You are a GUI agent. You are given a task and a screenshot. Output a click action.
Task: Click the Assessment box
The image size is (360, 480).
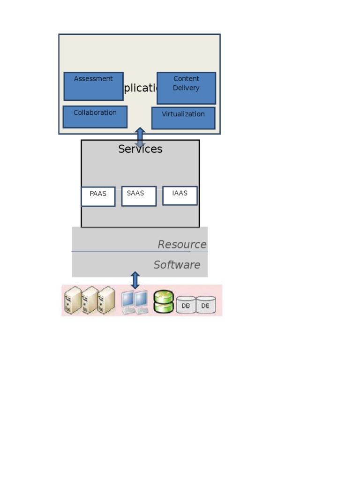pyautogui.click(x=93, y=86)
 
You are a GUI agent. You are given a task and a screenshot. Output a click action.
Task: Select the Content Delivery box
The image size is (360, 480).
pyautogui.click(x=186, y=88)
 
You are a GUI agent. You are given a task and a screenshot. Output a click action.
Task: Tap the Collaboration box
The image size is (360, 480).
pyautogui.click(x=95, y=117)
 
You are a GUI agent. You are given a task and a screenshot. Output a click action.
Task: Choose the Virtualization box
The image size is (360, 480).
pyautogui.click(x=183, y=118)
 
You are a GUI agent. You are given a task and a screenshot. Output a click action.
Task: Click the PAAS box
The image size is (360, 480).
pyautogui.click(x=98, y=196)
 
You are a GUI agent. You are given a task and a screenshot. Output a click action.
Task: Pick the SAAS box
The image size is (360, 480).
pyautogui.click(x=139, y=196)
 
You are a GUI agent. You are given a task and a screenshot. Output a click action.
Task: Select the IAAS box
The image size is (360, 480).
pyautogui.click(x=180, y=195)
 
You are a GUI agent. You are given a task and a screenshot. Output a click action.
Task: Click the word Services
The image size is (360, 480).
pyautogui.click(x=140, y=149)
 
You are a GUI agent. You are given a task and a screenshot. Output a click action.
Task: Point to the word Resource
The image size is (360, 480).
pyautogui.click(x=182, y=245)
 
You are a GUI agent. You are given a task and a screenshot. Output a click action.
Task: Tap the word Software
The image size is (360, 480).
pyautogui.click(x=177, y=265)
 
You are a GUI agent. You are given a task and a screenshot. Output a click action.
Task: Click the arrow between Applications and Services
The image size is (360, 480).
pyautogui.click(x=140, y=137)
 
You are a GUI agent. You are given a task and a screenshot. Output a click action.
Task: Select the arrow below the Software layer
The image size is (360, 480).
pyautogui.click(x=135, y=280)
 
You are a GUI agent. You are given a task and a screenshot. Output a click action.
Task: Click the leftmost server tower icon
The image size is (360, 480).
pyautogui.click(x=73, y=300)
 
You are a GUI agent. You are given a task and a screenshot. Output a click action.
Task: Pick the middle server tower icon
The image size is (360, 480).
pyautogui.click(x=90, y=300)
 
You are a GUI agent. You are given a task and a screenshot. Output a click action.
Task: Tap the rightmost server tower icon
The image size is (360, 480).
pyautogui.click(x=106, y=300)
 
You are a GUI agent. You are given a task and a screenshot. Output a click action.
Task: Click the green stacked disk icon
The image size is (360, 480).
pyautogui.click(x=164, y=301)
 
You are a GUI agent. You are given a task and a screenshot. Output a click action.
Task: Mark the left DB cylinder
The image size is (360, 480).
pyautogui.click(x=186, y=305)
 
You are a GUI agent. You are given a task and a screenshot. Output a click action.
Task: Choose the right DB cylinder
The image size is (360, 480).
pyautogui.click(x=205, y=305)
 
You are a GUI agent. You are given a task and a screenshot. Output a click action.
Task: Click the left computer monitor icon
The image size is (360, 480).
pyautogui.click(x=128, y=300)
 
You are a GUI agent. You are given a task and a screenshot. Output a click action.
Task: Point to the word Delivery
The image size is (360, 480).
pyautogui.click(x=186, y=88)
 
